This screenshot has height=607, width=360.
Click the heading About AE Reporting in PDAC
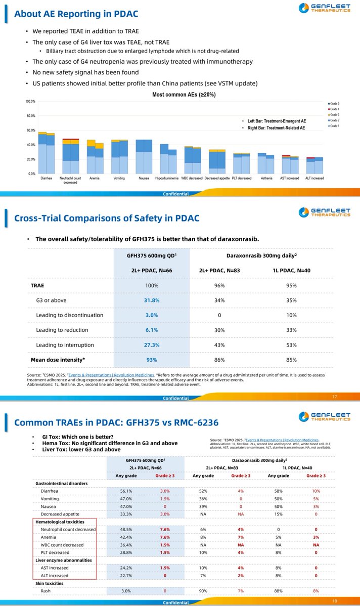tap(76, 14)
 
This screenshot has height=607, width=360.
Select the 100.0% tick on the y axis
tap(30, 102)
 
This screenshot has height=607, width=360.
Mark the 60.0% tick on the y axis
tap(30, 131)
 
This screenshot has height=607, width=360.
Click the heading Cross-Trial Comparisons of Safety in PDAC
tap(107, 218)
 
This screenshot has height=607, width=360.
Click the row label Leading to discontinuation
tap(70, 315)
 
